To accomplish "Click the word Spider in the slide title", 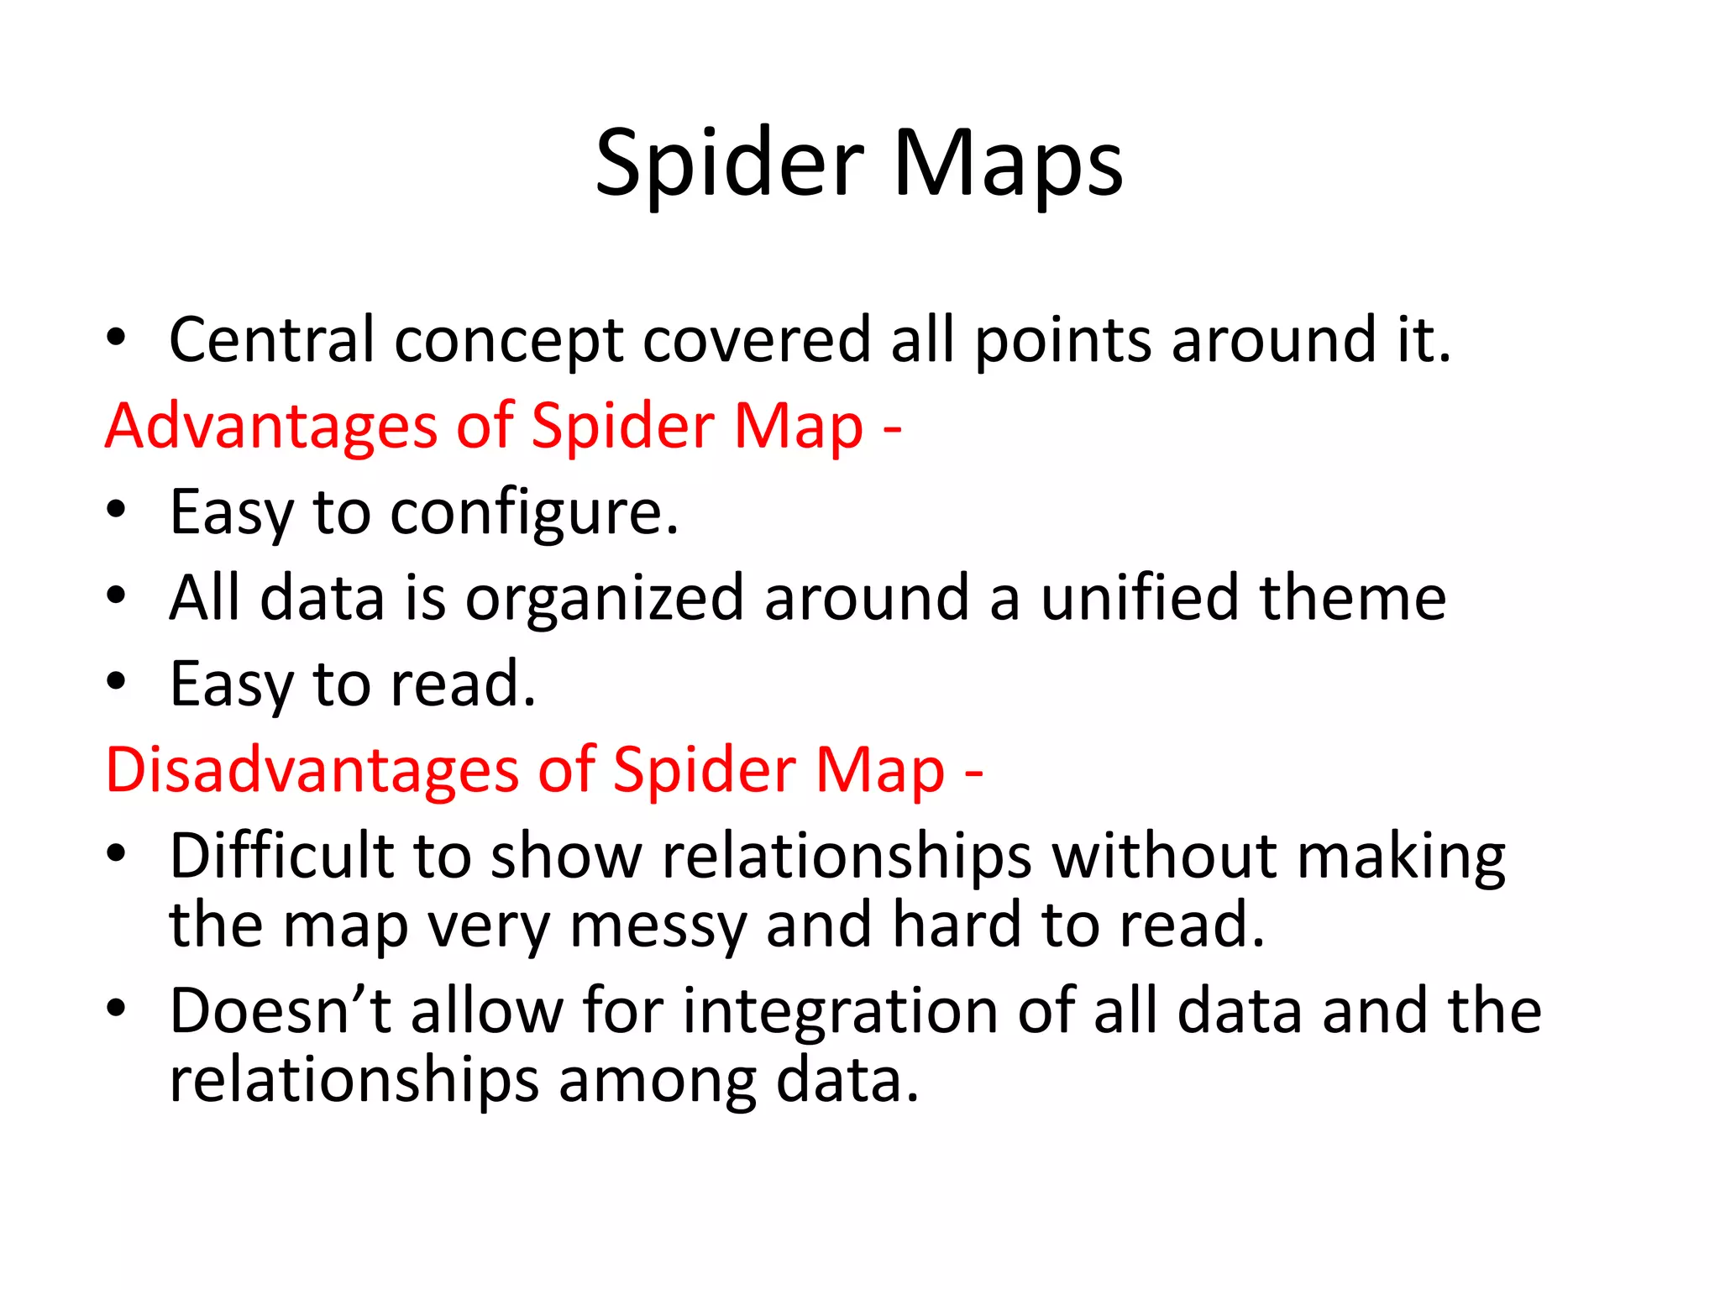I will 729,164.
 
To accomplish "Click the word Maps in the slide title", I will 1008,164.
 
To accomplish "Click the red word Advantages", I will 270,426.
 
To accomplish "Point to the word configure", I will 534,512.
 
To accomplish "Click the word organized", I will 605,598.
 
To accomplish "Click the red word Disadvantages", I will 312,770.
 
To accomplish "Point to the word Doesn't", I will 280,1011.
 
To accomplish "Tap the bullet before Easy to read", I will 116,682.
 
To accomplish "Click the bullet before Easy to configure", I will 116,510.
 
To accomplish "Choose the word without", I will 1164,857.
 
